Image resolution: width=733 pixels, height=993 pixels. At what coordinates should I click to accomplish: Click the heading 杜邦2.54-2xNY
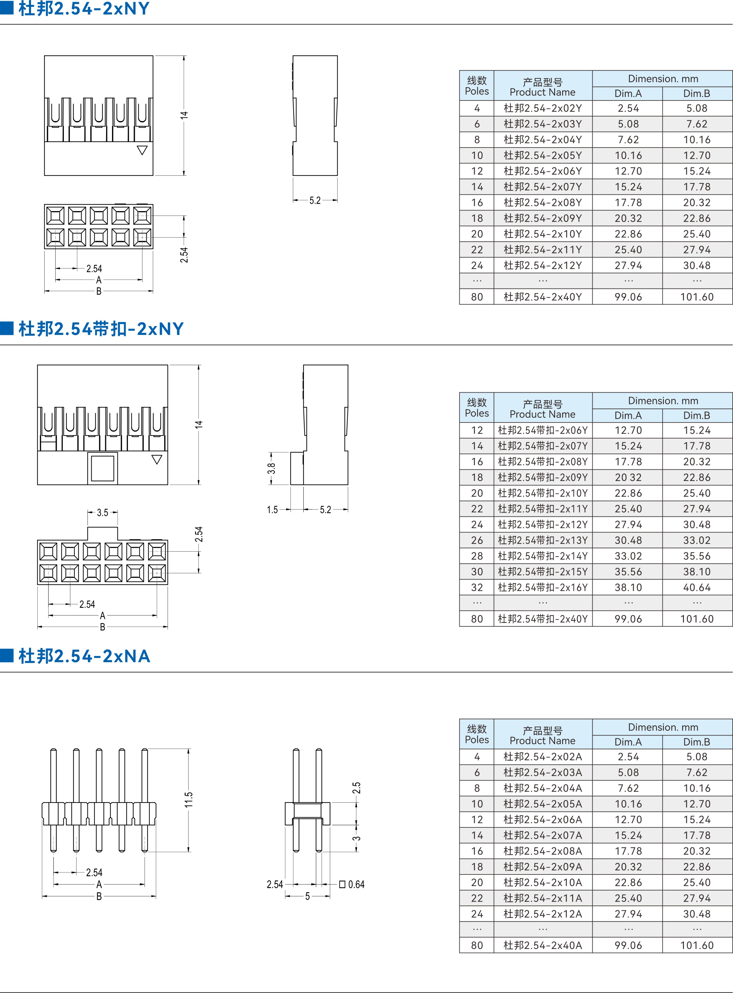(x=84, y=9)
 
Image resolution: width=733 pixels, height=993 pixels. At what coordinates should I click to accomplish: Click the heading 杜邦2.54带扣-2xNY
(x=101, y=329)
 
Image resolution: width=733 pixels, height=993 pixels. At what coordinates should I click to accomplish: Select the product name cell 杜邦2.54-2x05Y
(x=543, y=155)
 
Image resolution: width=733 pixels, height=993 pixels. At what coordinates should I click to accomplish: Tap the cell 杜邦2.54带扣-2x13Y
(x=543, y=540)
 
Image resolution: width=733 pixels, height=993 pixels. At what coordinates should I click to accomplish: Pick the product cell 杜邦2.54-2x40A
(x=543, y=945)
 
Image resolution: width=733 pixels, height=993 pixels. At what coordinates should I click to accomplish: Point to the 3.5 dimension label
(x=103, y=513)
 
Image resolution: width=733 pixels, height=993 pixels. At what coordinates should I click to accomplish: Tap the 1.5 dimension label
(x=272, y=510)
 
